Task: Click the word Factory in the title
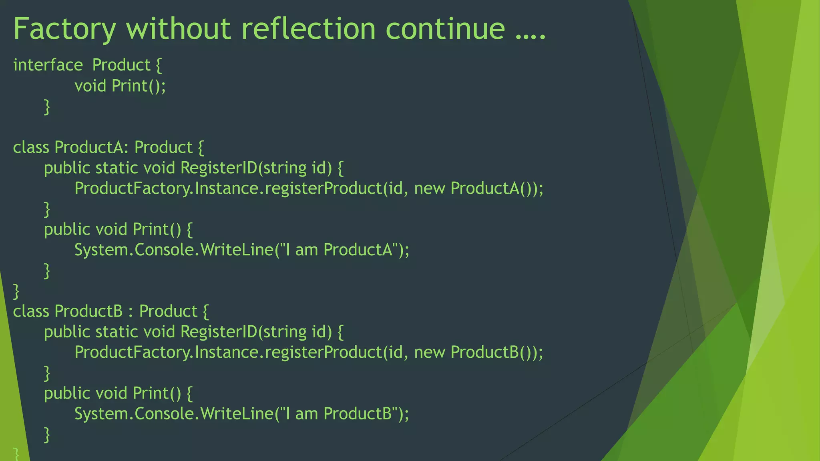[64, 29]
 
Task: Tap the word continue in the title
[445, 29]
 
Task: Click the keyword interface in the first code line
[48, 65]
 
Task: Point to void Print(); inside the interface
[120, 86]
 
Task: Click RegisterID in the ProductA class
[219, 168]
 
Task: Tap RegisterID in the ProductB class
[219, 332]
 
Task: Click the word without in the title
[179, 29]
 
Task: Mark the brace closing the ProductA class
[16, 291]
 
